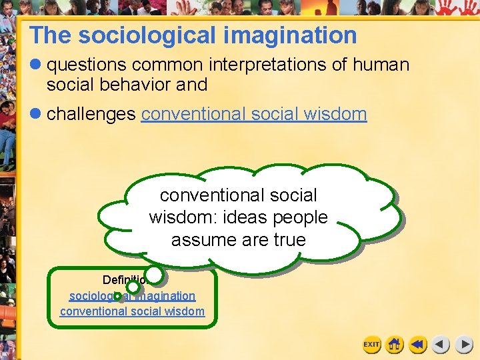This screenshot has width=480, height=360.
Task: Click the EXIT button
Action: pyautogui.click(x=371, y=345)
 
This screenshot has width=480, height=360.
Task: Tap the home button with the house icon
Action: pyautogui.click(x=395, y=345)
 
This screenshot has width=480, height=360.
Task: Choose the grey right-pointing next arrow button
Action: pyautogui.click(x=464, y=345)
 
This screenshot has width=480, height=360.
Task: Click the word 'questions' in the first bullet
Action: pyautogui.click(x=87, y=65)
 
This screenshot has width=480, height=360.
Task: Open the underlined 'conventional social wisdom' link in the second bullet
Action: pyautogui.click(x=254, y=114)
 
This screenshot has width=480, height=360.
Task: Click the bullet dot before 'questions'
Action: pyautogui.click(x=36, y=65)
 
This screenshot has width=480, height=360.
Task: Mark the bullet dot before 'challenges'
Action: pyautogui.click(x=36, y=114)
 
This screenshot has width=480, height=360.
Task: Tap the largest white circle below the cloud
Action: pyautogui.click(x=154, y=274)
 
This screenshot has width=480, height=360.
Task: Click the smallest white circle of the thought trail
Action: pyautogui.click(x=117, y=295)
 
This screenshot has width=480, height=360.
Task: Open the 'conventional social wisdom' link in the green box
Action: pyautogui.click(x=132, y=311)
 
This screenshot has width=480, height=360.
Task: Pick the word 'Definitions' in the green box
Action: pyautogui.click(x=123, y=279)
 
